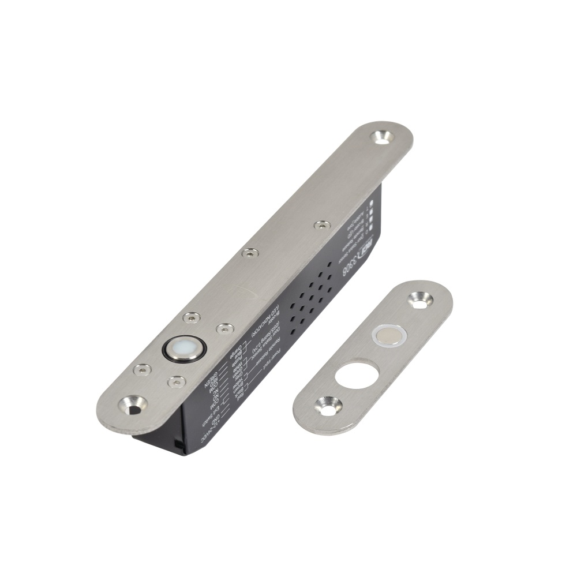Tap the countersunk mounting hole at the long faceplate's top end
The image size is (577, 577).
coord(382,137)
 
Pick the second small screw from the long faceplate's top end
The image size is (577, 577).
coord(249,253)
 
